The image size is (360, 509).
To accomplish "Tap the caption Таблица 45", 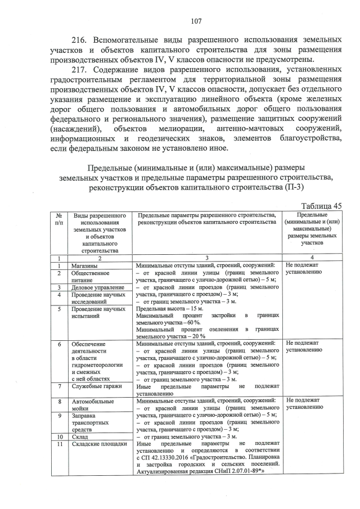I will coord(322,206).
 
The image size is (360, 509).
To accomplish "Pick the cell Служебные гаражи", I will coord(94,386).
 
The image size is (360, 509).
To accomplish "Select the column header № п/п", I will coord(59,218).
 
